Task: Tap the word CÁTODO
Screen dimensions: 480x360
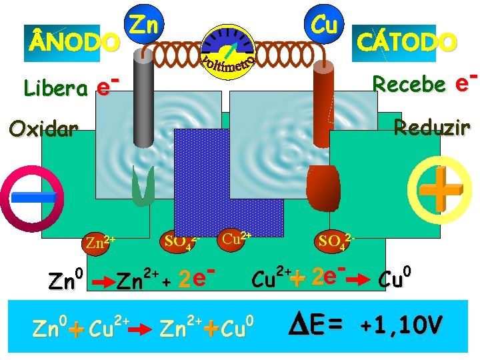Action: click(407, 41)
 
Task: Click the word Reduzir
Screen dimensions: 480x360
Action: click(431, 126)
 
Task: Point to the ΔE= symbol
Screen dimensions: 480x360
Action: click(317, 325)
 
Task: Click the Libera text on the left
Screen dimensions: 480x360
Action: click(55, 87)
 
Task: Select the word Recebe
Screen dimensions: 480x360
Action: click(409, 84)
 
